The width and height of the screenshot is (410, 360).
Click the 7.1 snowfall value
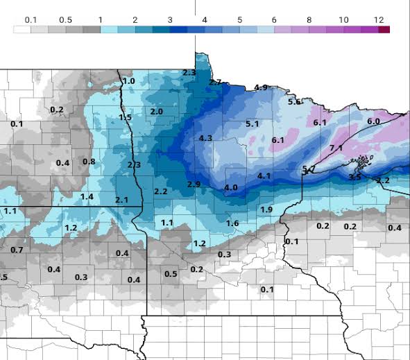tap(336, 148)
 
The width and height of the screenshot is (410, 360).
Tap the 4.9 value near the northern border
tap(261, 87)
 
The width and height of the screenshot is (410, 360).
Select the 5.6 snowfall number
tap(294, 102)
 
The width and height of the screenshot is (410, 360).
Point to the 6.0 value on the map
tap(373, 121)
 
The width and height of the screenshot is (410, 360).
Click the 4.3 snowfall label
tap(205, 139)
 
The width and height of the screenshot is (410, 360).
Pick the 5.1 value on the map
tap(253, 124)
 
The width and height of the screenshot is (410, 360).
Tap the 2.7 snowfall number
tap(215, 83)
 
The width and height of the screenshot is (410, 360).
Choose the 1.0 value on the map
tap(128, 81)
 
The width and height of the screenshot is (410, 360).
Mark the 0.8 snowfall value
tap(89, 162)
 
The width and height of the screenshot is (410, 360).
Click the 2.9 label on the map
tap(194, 184)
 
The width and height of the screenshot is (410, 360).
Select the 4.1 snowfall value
tap(264, 176)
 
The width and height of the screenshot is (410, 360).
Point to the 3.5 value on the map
tap(355, 178)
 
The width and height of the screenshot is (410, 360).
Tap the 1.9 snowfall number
tap(266, 209)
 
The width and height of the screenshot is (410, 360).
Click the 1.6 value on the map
tap(232, 223)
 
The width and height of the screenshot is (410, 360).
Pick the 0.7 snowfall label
tap(17, 250)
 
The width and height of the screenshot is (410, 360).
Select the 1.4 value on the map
tap(87, 197)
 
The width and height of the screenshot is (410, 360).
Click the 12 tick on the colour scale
tap(378, 20)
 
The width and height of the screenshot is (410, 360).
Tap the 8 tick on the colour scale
tap(309, 20)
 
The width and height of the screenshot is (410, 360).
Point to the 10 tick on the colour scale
tap(343, 20)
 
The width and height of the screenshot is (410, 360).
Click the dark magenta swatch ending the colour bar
tap(384, 29)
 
